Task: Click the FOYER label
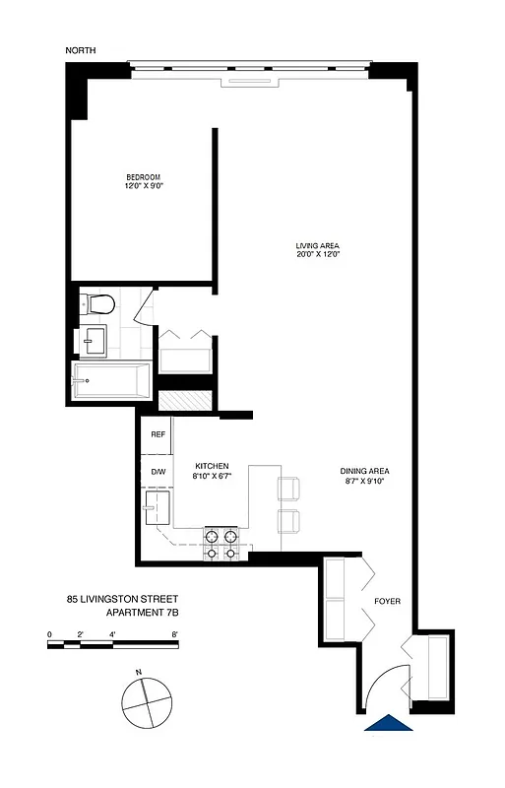click(387, 600)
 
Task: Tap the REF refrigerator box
click(158, 434)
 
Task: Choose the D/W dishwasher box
click(158, 472)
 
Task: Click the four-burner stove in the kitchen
click(221, 544)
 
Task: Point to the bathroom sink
click(95, 341)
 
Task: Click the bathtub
click(110, 380)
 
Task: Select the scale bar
click(112, 645)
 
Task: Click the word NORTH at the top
click(81, 49)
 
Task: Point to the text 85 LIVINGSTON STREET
click(123, 598)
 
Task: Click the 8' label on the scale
click(175, 633)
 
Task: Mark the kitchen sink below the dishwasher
click(158, 511)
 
